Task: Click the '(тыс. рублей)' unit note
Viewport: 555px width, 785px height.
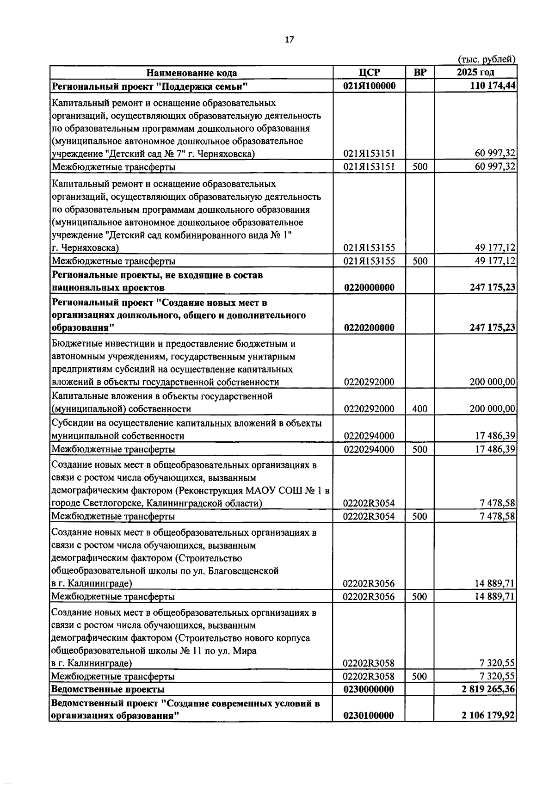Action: pyautogui.click(x=486, y=59)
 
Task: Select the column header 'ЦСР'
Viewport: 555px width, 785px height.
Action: pyautogui.click(x=369, y=72)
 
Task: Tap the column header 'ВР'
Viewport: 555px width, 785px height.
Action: pyautogui.click(x=419, y=72)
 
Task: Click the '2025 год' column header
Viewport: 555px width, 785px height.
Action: pyautogui.click(x=475, y=72)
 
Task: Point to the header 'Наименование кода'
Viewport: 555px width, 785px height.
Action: pyautogui.click(x=191, y=73)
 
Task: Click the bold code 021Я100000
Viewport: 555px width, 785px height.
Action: pyautogui.click(x=369, y=86)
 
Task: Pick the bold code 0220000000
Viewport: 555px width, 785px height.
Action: pyautogui.click(x=369, y=288)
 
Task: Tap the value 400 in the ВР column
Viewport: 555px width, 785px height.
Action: pyautogui.click(x=419, y=409)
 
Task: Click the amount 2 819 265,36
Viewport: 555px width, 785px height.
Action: pyautogui.click(x=488, y=689)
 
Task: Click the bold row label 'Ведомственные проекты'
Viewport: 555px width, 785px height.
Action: pyautogui.click(x=108, y=689)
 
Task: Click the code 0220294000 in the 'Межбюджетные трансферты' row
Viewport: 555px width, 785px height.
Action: pyautogui.click(x=369, y=449)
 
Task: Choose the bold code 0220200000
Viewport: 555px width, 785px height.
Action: pyautogui.click(x=369, y=328)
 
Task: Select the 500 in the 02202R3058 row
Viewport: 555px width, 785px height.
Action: pyautogui.click(x=419, y=676)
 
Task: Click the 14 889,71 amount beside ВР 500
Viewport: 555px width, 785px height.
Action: pyautogui.click(x=495, y=596)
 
